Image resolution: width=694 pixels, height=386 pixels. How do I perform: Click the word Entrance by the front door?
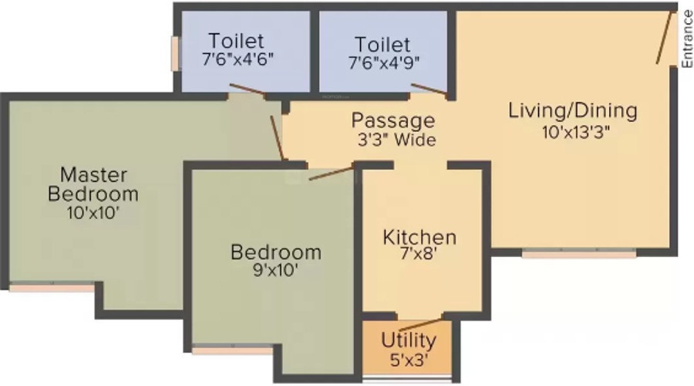tap(687, 39)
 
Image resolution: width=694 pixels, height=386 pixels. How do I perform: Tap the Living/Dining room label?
tap(573, 111)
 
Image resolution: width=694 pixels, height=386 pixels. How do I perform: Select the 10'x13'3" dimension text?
tap(576, 132)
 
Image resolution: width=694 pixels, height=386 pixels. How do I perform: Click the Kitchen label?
tap(419, 237)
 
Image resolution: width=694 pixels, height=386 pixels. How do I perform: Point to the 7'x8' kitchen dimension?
tap(418, 255)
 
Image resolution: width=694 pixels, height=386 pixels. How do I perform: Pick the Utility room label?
tap(409, 340)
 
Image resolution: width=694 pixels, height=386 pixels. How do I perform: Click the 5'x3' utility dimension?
tap(409, 360)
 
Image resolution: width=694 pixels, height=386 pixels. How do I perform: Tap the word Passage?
tap(393, 121)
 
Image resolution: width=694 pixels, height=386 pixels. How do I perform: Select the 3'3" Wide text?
tap(396, 140)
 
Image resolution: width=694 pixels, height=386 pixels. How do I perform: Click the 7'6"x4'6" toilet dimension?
tap(238, 59)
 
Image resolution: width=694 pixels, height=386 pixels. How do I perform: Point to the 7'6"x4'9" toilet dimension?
tap(384, 63)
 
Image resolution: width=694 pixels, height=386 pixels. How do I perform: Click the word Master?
tap(93, 174)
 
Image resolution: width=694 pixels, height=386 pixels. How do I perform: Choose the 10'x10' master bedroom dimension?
tap(93, 213)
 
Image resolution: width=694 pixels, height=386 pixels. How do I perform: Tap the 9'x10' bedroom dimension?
tap(275, 270)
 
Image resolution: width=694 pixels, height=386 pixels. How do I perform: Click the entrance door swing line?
tap(665, 37)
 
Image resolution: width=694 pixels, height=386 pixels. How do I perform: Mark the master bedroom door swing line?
tap(277, 138)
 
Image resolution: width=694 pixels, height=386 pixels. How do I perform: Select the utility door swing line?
tap(420, 325)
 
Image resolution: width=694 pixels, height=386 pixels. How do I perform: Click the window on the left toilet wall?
tap(176, 53)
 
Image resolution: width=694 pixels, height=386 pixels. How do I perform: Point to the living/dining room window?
tap(579, 254)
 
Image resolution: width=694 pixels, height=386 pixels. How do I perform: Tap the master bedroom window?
tap(52, 288)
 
